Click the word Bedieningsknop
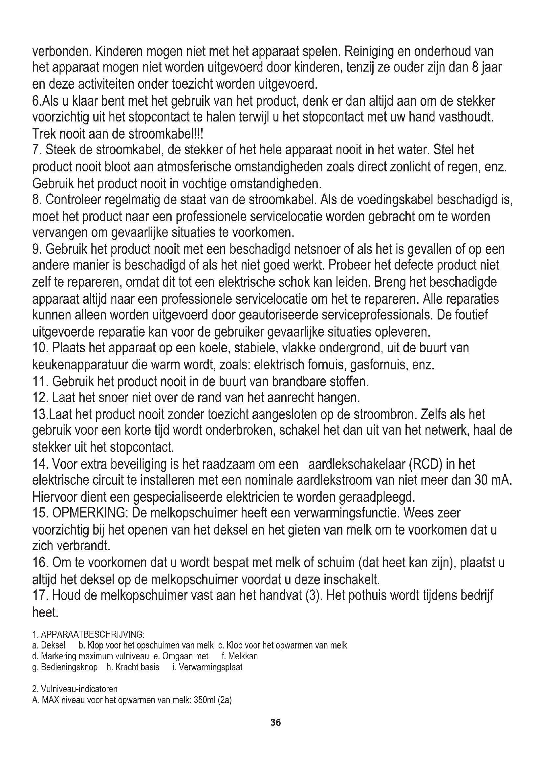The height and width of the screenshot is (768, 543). tap(69, 667)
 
